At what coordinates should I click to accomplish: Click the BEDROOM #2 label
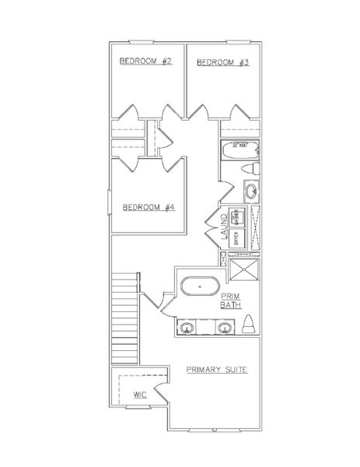point(145,61)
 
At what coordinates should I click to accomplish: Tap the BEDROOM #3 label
point(222,61)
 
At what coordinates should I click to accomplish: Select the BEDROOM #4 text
point(148,207)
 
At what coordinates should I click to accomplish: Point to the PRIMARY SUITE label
point(217,369)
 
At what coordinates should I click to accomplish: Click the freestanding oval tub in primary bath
point(199,286)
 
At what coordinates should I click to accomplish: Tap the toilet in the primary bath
point(249,322)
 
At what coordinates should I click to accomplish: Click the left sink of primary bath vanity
point(188,327)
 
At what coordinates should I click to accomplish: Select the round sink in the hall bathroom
point(251,191)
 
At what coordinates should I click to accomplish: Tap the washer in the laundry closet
point(240,216)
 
